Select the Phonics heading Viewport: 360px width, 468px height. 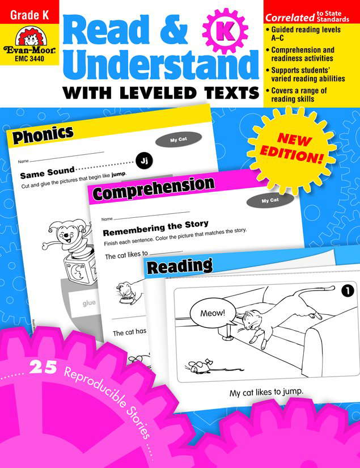[43, 135]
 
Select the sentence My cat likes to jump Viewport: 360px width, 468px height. [266, 392]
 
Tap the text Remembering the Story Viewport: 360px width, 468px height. [155, 224]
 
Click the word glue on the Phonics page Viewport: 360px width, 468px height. [88, 303]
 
